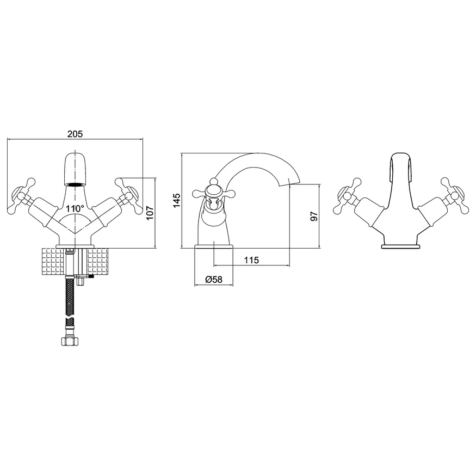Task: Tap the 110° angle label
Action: click(x=75, y=208)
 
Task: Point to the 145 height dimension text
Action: click(x=176, y=200)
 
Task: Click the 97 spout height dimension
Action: click(x=313, y=215)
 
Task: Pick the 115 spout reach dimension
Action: click(x=251, y=260)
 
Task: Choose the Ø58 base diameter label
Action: click(x=213, y=279)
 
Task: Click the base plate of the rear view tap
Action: click(x=400, y=247)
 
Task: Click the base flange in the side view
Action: click(x=214, y=248)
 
